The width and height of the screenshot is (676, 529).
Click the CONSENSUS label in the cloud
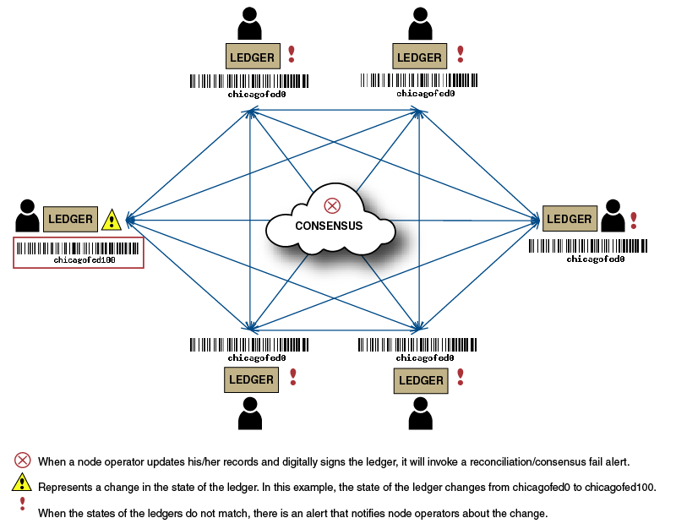click(x=329, y=226)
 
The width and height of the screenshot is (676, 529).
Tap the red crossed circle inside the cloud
click(x=332, y=205)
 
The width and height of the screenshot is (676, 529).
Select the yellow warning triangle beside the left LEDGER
click(x=112, y=221)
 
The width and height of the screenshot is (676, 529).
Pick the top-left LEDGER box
click(x=252, y=57)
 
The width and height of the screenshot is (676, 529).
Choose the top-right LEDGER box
click(x=420, y=57)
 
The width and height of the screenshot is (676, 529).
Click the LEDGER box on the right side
click(x=570, y=219)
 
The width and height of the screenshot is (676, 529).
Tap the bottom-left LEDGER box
click(x=252, y=379)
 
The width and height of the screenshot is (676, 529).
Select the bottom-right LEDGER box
click(x=421, y=380)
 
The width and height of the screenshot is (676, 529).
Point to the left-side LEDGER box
click(x=70, y=219)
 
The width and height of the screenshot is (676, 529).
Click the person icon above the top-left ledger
click(x=250, y=24)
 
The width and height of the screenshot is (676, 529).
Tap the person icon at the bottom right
click(x=421, y=414)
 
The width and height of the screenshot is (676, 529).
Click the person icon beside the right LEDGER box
click(x=613, y=215)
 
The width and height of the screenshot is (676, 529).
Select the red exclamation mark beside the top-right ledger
click(x=461, y=54)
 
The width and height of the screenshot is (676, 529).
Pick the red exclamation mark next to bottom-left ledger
click(x=293, y=376)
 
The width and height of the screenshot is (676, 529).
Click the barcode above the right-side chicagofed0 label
click(x=588, y=246)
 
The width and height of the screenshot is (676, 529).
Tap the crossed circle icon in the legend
click(x=23, y=461)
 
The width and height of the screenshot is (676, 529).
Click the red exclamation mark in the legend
click(x=22, y=504)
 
